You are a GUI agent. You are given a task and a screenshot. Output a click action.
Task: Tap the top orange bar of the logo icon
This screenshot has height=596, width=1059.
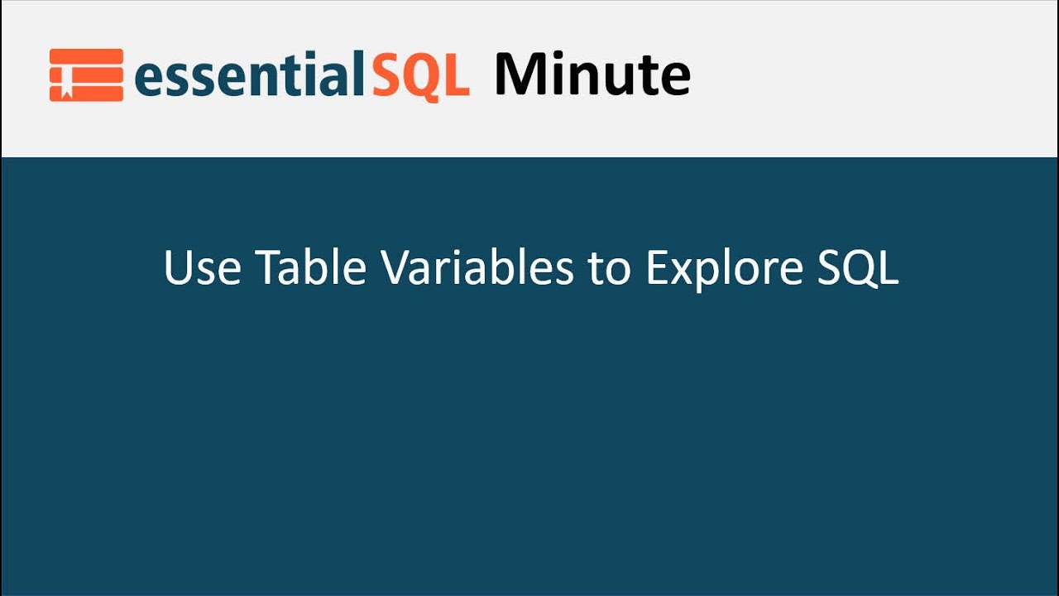coord(86,55)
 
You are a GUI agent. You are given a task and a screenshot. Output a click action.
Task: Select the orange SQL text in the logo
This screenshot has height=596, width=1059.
coord(419,75)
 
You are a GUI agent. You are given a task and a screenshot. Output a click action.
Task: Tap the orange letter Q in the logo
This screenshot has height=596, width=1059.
coord(422,77)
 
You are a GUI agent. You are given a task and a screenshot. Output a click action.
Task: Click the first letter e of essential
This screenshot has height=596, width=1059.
coord(148,80)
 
